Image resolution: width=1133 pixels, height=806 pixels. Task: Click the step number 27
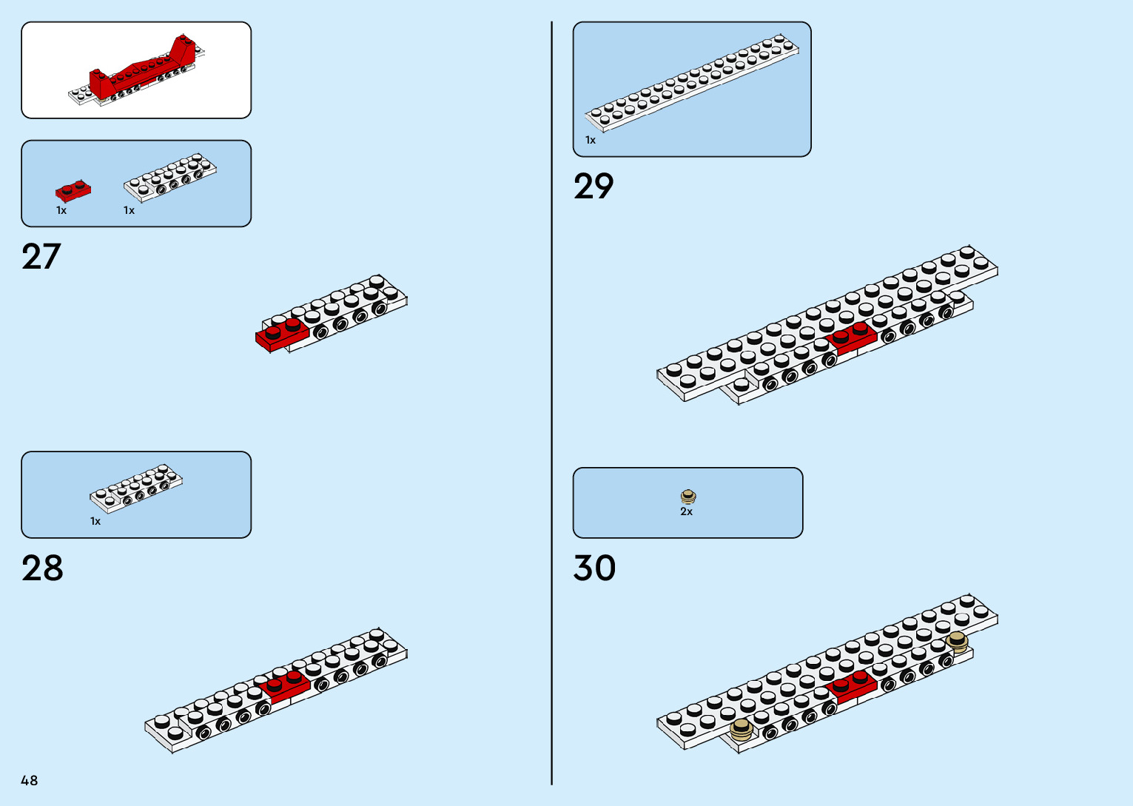click(41, 257)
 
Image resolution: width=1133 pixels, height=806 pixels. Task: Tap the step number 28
click(42, 568)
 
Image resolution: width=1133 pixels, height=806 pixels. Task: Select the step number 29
click(594, 187)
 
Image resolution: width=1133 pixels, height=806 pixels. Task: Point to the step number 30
click(594, 568)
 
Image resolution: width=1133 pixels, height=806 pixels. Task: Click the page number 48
click(30, 780)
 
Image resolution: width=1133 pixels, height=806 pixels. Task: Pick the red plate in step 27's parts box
click(73, 190)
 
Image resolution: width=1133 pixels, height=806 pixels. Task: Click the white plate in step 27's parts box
click(170, 178)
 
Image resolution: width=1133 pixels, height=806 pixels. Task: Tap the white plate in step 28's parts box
click(136, 488)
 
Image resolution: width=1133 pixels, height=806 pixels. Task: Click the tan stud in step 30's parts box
click(688, 496)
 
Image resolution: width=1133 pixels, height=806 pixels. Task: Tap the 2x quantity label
click(687, 511)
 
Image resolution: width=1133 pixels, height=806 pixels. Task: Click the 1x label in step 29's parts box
click(591, 140)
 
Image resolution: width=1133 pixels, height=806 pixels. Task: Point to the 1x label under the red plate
click(61, 210)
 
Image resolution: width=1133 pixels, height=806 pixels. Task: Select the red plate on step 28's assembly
click(285, 685)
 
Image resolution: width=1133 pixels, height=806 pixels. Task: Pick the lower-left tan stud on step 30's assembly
click(741, 730)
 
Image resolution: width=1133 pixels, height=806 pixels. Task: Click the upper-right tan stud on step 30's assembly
click(957, 641)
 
